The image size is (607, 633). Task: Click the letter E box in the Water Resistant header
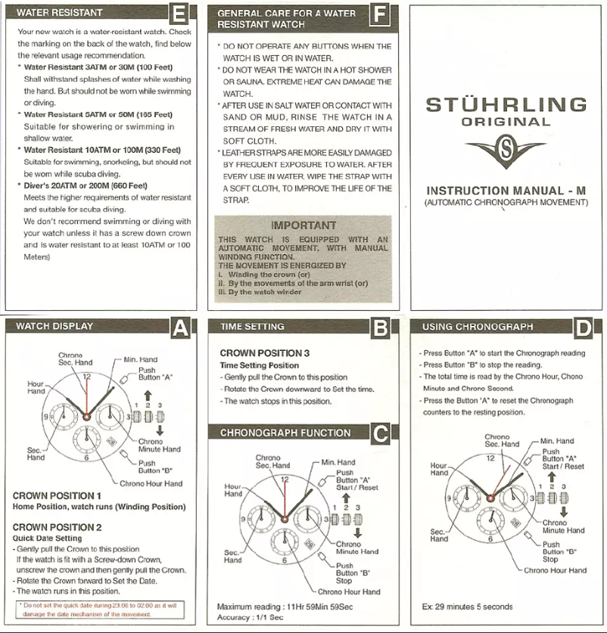[x=179, y=14]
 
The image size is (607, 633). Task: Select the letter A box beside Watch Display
[x=180, y=327]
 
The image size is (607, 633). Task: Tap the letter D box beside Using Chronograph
[x=583, y=327]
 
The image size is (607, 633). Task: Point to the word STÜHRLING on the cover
[x=506, y=104]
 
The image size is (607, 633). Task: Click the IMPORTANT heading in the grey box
[x=303, y=225]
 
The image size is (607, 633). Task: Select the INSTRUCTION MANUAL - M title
[x=506, y=191]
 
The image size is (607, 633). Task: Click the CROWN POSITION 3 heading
[x=265, y=353]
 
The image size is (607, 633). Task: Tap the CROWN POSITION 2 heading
[x=58, y=526]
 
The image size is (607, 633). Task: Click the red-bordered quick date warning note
[x=99, y=610]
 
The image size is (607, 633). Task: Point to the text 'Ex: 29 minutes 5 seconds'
[x=467, y=607]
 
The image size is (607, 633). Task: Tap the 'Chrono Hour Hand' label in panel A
[x=151, y=483]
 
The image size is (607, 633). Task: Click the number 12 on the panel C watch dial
[x=285, y=479]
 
